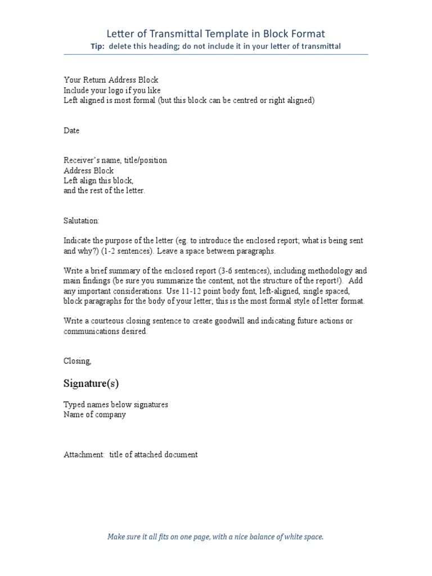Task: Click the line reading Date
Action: pyautogui.click(x=71, y=130)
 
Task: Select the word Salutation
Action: pyautogui.click(x=81, y=221)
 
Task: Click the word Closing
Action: pyautogui.click(x=77, y=361)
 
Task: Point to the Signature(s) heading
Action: pyautogui.click(x=91, y=384)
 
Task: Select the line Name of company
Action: pyautogui.click(x=94, y=415)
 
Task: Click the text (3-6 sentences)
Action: pyautogui.click(x=228, y=271)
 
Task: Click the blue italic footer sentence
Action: pyautogui.click(x=215, y=537)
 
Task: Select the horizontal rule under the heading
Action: pyautogui.click(x=215, y=55)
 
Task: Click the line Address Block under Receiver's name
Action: pyautogui.click(x=88, y=170)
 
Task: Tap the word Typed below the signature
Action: pyautogui.click(x=74, y=404)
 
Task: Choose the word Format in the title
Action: pyautogui.click(x=305, y=34)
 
